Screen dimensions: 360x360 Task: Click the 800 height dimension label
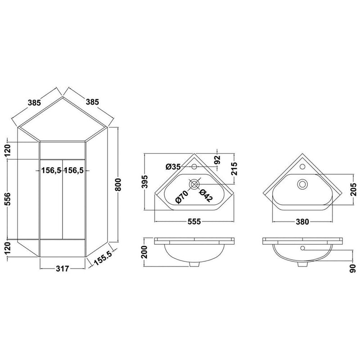pyautogui.click(x=118, y=184)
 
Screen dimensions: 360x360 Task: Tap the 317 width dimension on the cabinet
pyautogui.click(x=63, y=268)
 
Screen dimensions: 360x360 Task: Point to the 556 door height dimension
pyautogui.click(x=7, y=199)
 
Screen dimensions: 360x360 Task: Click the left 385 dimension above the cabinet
pyautogui.click(x=34, y=103)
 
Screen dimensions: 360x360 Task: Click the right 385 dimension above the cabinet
pyautogui.click(x=92, y=102)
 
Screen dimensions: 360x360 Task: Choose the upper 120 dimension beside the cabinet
pyautogui.click(x=7, y=150)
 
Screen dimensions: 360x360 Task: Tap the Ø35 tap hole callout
pyautogui.click(x=173, y=166)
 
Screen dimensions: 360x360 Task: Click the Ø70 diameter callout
pyautogui.click(x=182, y=197)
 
